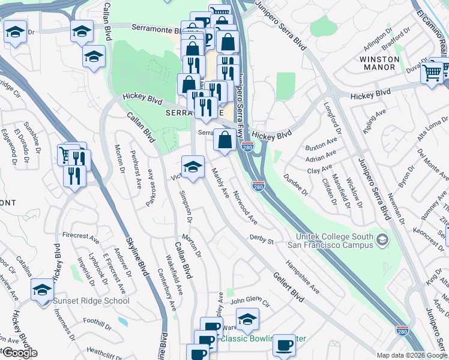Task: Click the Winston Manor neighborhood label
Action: point(379,63)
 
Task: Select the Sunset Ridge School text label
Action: point(91,301)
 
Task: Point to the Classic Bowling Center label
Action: point(263,338)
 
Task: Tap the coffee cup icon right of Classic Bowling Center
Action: point(285,345)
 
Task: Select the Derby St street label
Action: point(262,240)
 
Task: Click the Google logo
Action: point(20,353)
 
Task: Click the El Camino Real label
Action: point(433,26)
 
